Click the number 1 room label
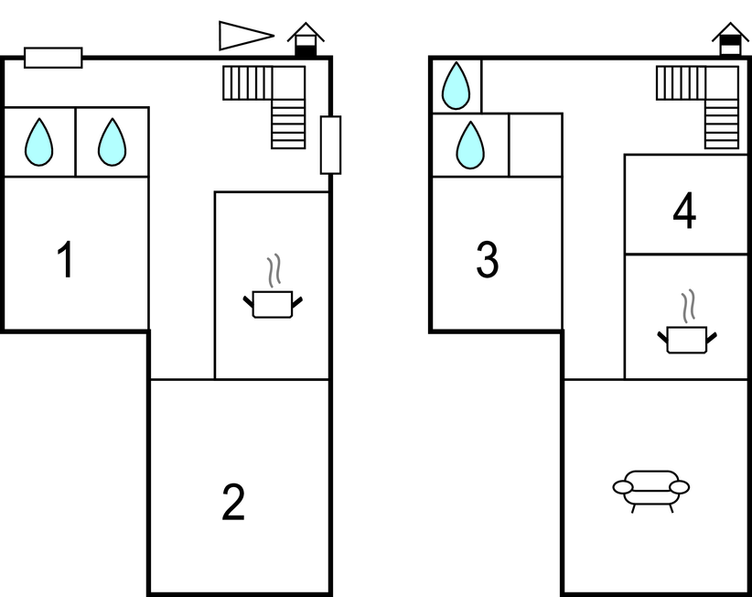65,261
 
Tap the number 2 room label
233,503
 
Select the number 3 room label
488,260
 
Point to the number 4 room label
684,212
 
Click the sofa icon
650,489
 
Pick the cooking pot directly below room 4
686,340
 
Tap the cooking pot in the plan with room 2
272,304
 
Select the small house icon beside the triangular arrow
306,40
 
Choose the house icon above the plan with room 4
730,40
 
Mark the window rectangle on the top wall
53,58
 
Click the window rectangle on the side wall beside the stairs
330,145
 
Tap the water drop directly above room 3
470,145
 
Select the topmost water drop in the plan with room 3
456,87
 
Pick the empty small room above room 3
535,145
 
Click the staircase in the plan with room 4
709,101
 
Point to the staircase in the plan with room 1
275,101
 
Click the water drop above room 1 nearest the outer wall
38,143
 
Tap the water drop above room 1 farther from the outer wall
112,143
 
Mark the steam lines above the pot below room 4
687,305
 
